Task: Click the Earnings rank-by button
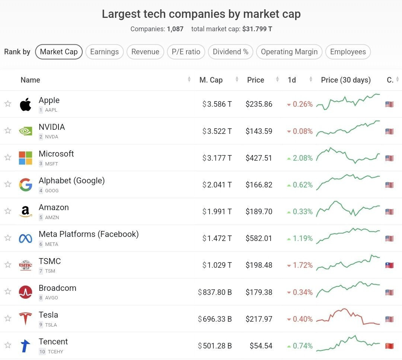click(104, 52)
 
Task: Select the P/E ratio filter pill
click(186, 52)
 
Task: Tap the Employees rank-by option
click(348, 52)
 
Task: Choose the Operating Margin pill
click(289, 52)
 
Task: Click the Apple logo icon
click(25, 105)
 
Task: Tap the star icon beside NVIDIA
click(8, 131)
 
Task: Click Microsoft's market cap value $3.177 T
click(217, 158)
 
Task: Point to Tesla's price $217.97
click(259, 319)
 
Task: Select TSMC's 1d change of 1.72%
click(300, 265)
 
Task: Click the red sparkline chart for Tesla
click(348, 317)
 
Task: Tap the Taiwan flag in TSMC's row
click(389, 266)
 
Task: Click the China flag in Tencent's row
click(389, 346)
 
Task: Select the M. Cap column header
click(211, 80)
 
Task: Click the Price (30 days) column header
click(345, 80)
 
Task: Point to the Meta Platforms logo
click(25, 238)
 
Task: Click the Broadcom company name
click(57, 288)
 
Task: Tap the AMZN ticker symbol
click(52, 218)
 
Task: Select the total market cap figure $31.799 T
click(257, 29)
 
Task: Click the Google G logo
click(25, 185)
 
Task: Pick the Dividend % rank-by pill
click(230, 52)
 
